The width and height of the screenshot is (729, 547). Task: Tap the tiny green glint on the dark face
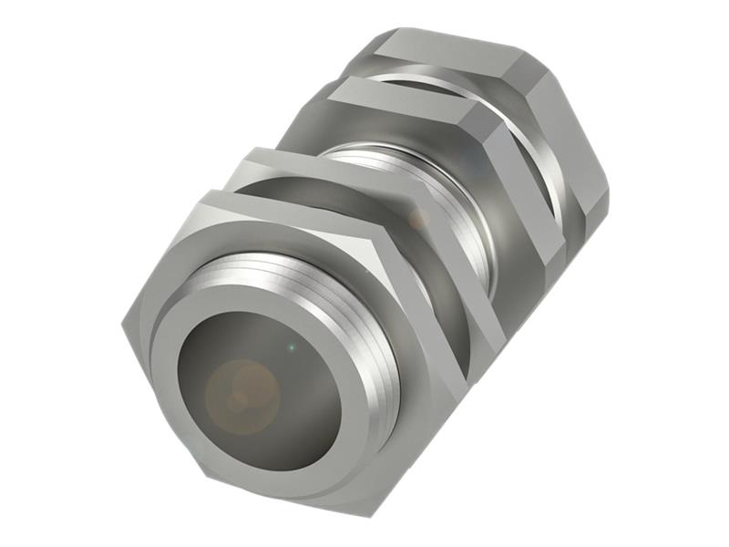pos(290,348)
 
